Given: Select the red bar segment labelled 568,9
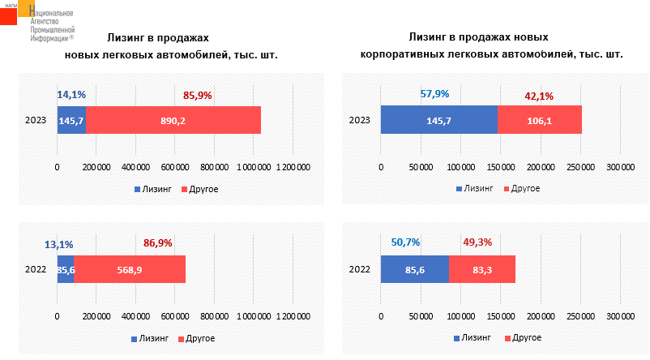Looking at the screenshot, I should (130, 269).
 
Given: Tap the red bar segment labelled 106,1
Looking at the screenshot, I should (539, 120).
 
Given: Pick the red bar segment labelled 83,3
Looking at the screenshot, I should (481, 269).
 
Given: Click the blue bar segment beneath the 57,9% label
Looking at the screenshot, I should (438, 120).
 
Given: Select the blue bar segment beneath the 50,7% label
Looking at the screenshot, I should (414, 269).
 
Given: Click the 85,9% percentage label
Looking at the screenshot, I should (198, 95).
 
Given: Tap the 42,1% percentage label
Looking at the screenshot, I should (539, 96).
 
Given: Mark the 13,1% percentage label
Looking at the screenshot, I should (59, 244).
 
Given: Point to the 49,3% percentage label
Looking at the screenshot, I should (477, 241).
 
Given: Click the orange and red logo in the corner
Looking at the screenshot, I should (18, 12).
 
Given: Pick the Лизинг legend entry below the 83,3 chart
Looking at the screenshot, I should (478, 337).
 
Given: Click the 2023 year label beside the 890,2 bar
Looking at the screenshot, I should (35, 120).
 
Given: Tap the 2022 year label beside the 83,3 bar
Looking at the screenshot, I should (359, 269).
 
